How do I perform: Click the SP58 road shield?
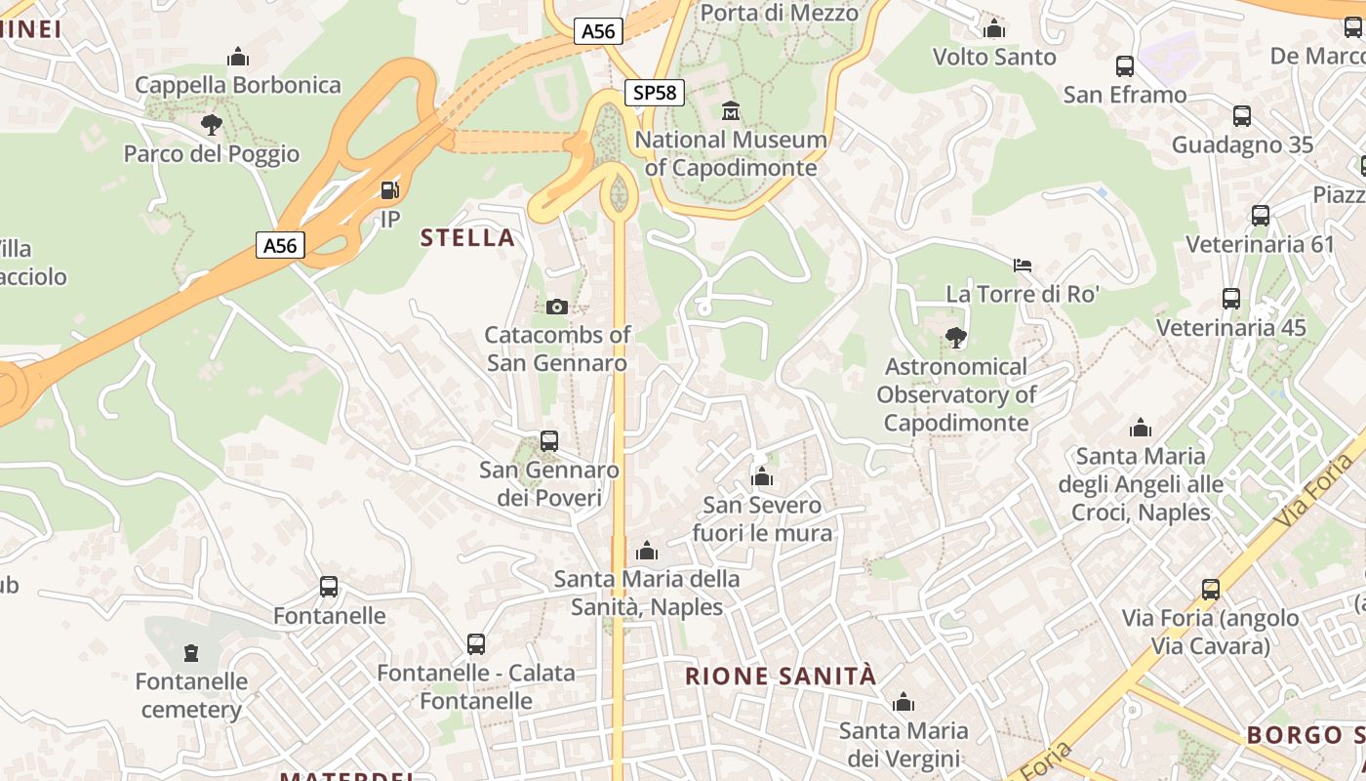coord(654,93)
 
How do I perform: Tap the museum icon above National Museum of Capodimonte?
coord(730,110)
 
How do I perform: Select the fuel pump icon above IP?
coord(389,190)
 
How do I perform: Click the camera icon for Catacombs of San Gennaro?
coord(557,307)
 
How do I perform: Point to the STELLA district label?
coord(467,237)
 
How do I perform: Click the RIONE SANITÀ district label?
coord(781,676)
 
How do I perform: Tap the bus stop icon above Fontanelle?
coord(329,587)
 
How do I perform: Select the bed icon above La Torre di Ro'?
coord(1023,265)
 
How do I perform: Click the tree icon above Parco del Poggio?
coord(211,125)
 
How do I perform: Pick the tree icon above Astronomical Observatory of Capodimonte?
coord(956,338)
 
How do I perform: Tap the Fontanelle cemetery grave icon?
coord(191,652)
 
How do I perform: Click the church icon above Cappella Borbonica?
coord(238,57)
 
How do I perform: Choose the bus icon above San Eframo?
coord(1125,66)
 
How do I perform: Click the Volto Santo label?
coord(994,57)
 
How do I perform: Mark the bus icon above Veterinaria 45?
coord(1231,299)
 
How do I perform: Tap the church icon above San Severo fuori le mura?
coord(762,476)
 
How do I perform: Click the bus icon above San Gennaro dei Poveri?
coord(549,441)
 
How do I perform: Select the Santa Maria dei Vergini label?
coord(904,744)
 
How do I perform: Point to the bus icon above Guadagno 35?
coord(1242,116)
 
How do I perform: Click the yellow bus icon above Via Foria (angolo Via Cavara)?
coord(1211,589)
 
